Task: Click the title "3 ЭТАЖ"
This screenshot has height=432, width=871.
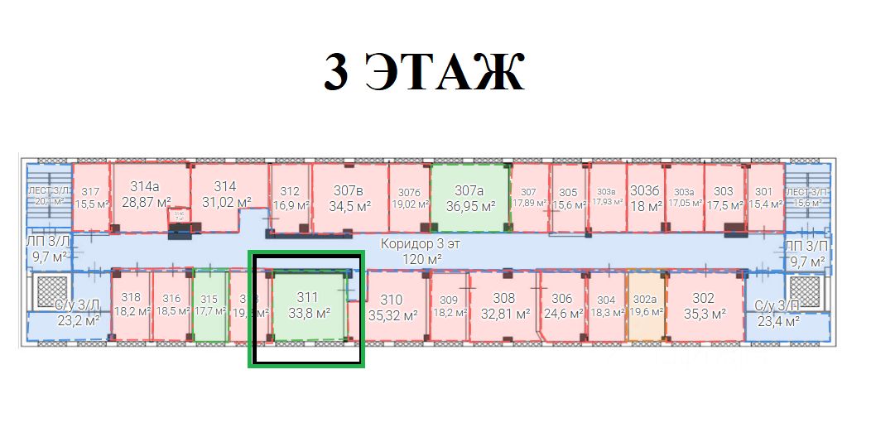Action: (x=424, y=73)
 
